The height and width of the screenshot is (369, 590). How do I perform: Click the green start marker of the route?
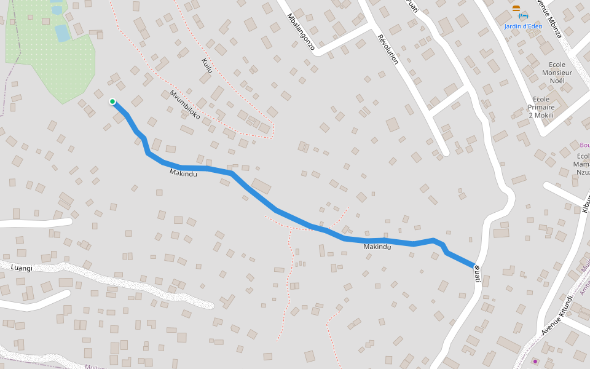[112, 101]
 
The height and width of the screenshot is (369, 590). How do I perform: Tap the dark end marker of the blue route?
[476, 266]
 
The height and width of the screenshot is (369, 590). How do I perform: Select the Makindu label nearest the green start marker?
[183, 174]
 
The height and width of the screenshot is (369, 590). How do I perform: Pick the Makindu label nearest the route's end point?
[377, 247]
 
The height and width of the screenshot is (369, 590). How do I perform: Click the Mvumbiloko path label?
[185, 105]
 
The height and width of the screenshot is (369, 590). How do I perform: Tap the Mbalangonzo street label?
[301, 31]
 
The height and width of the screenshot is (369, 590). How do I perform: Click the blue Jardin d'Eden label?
[523, 26]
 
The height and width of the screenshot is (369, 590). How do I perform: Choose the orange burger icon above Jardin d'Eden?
[516, 9]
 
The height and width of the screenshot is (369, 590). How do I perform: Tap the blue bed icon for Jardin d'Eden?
[524, 16]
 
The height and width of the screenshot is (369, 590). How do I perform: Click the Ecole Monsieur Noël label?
[557, 73]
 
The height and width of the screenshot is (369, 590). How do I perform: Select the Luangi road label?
[22, 268]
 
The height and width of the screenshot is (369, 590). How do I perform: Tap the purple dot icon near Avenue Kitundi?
[535, 361]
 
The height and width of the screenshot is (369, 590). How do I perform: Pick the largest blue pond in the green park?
[62, 33]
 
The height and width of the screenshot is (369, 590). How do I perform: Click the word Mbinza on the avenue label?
[554, 28]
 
